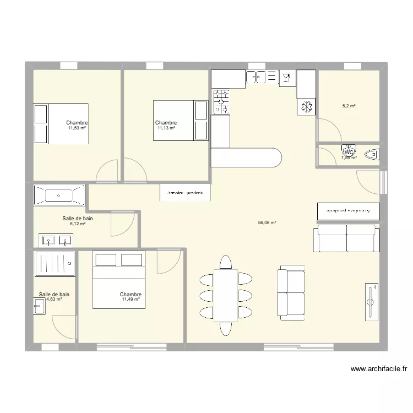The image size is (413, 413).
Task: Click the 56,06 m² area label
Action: pos(267,223)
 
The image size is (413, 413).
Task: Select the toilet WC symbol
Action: pos(349,150)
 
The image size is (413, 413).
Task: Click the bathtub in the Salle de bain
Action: pos(59,195)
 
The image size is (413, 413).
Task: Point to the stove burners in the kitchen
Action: pos(221,102)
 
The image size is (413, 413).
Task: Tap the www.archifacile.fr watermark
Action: pos(378,369)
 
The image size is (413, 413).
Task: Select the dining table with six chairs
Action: pos(226,295)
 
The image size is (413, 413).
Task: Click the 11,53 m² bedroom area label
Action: pos(77,128)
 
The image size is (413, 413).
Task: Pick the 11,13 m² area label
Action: pos(166,128)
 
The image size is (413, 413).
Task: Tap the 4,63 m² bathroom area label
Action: pos(53,300)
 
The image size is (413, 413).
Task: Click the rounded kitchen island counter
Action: pos(246,157)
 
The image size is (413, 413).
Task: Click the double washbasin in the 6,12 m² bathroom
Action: pos(56,240)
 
